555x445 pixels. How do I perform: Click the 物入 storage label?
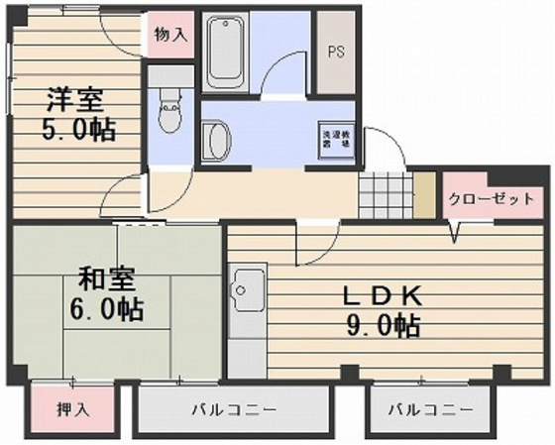pyautogui.click(x=170, y=34)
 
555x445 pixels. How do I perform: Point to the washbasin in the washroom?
pyautogui.click(x=213, y=139)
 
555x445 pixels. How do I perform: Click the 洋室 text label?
pyautogui.click(x=74, y=100)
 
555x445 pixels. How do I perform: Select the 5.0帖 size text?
pyautogui.click(x=74, y=130)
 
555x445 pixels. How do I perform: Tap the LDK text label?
pyautogui.click(x=383, y=294)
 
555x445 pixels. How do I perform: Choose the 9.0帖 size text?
pyautogui.click(x=383, y=324)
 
